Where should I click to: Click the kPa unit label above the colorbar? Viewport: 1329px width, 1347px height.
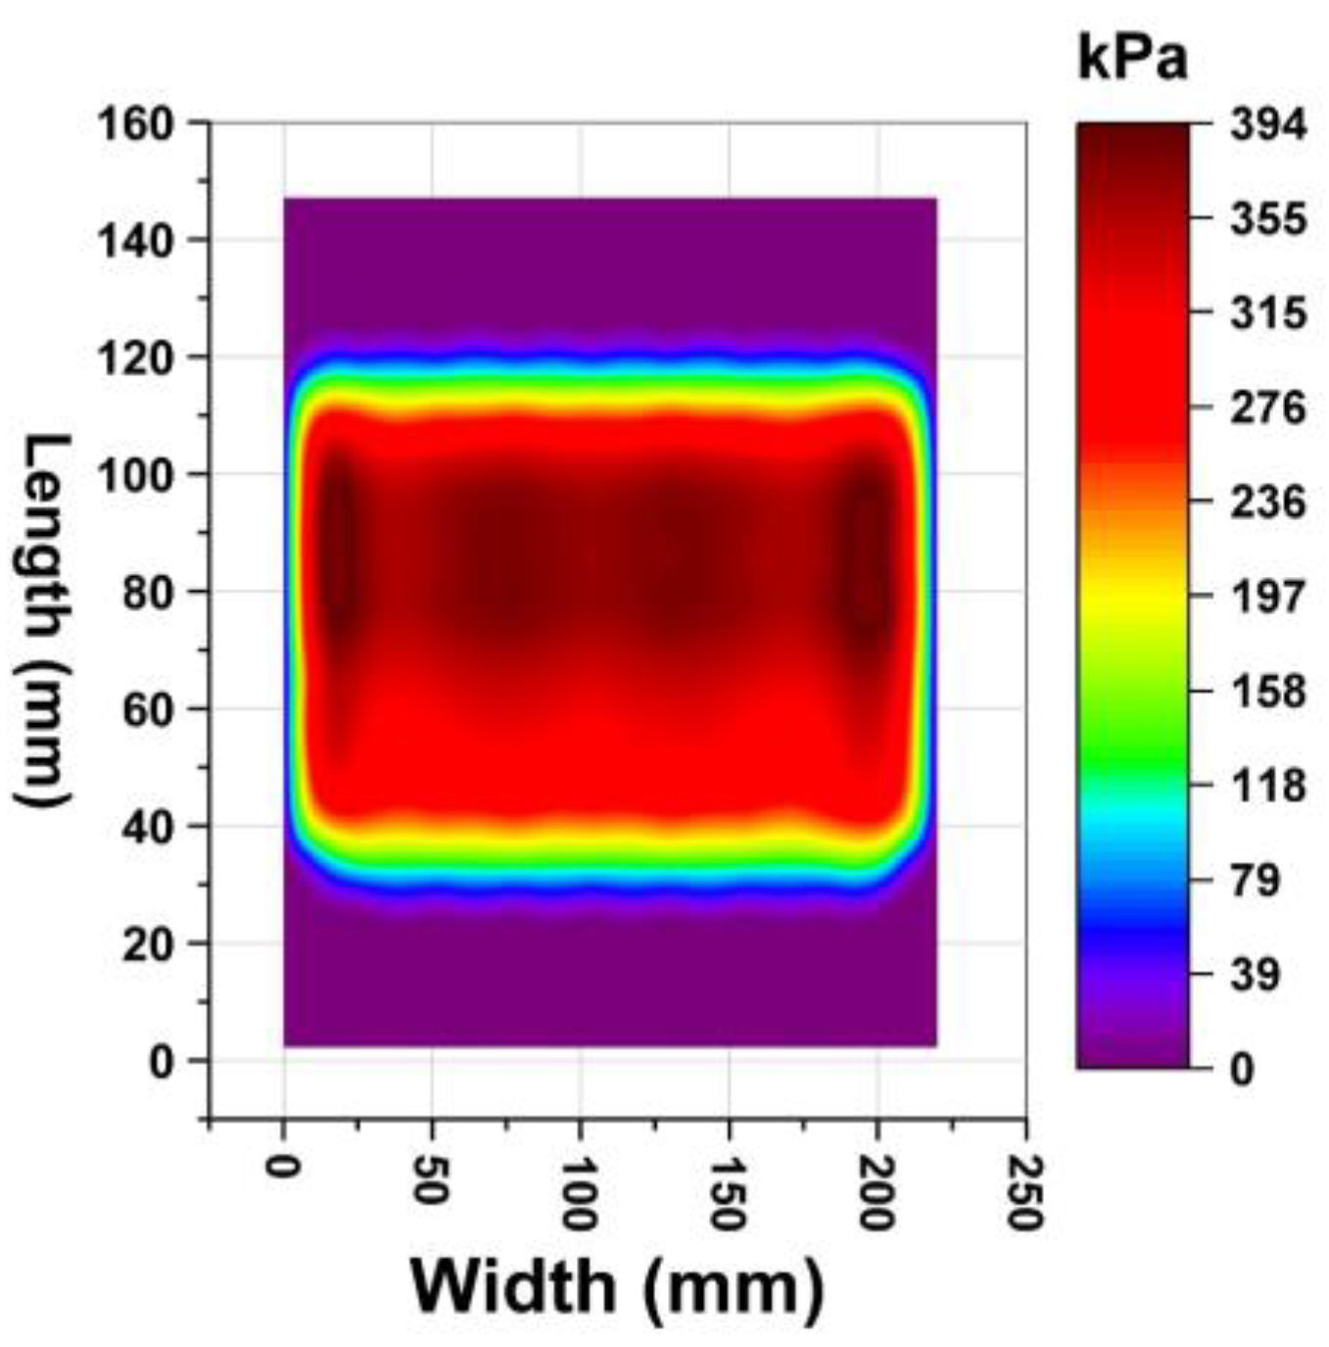pyautogui.click(x=1132, y=61)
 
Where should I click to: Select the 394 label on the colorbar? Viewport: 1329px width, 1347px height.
pyautogui.click(x=1268, y=124)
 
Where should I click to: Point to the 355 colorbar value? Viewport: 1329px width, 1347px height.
pyautogui.click(x=1268, y=218)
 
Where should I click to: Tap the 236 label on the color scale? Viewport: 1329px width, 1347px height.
pyautogui.click(x=1268, y=503)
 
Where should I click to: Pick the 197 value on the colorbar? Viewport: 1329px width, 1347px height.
pyautogui.click(x=1268, y=597)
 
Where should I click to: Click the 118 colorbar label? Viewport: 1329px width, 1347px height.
pyautogui.click(x=1268, y=786)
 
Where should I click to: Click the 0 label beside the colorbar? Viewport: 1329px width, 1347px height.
pyautogui.click(x=1241, y=1069)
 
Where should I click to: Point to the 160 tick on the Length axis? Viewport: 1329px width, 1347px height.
pyautogui.click(x=136, y=124)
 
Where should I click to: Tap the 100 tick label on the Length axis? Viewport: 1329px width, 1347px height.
pyautogui.click(x=136, y=475)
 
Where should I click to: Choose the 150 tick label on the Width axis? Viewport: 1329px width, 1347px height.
pyautogui.click(x=729, y=1193)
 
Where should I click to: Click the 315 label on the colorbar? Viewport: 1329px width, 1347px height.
pyautogui.click(x=1268, y=313)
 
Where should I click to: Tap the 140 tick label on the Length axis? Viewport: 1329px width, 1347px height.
pyautogui.click(x=136, y=241)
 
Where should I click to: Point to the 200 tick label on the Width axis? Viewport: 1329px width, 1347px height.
pyautogui.click(x=877, y=1193)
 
